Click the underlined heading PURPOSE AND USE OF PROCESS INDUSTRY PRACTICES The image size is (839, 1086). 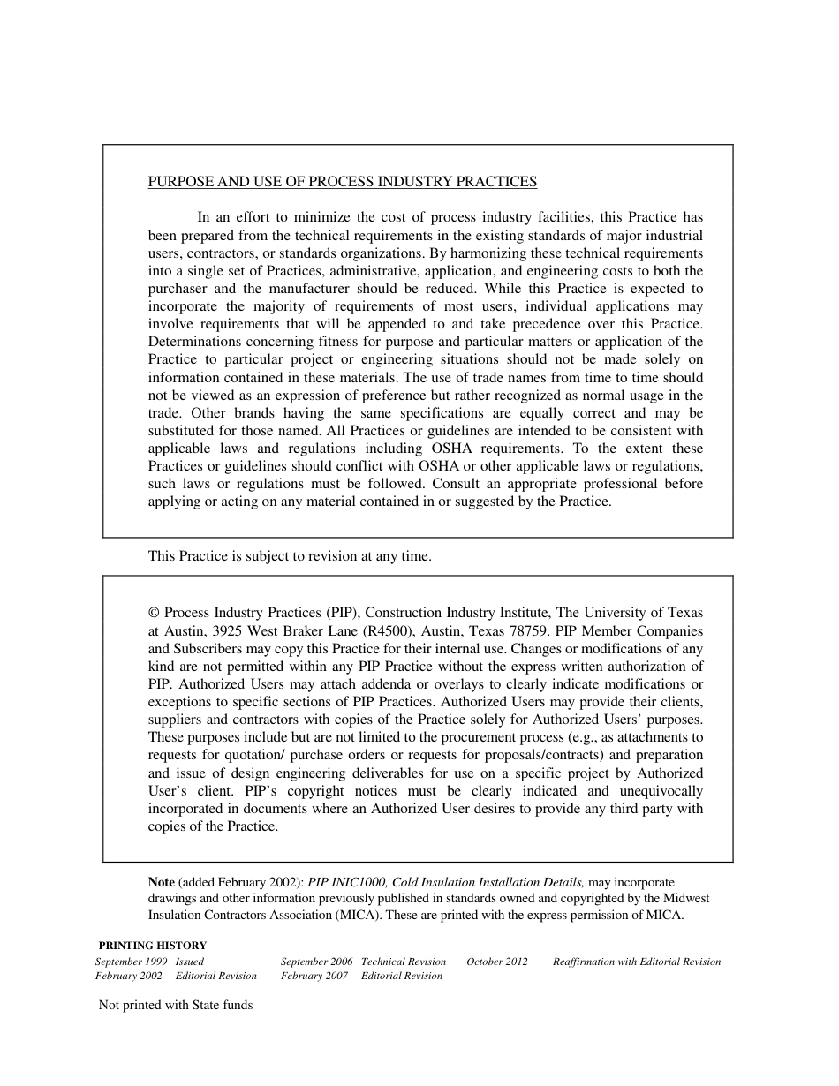pos(342,182)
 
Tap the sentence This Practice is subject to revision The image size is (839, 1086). pos(290,556)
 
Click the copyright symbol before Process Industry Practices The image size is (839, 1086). pos(154,613)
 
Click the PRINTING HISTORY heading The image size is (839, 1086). pos(153,946)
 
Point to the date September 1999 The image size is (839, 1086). pos(132,962)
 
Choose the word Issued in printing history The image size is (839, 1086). pos(190,962)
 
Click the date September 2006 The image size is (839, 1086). pos(317,962)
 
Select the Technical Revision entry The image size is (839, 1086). pos(404,962)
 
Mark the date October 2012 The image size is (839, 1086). pos(497,962)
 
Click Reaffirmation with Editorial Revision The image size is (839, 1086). pos(637,962)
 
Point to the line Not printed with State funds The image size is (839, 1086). pos(176,1005)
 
